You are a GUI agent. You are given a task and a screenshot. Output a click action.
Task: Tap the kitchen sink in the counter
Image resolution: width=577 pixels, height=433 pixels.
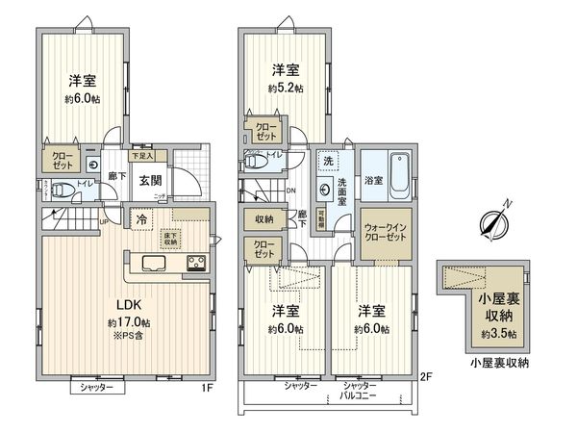(155, 263)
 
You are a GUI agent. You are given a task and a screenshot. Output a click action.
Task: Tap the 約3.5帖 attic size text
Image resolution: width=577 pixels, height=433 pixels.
(498, 334)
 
